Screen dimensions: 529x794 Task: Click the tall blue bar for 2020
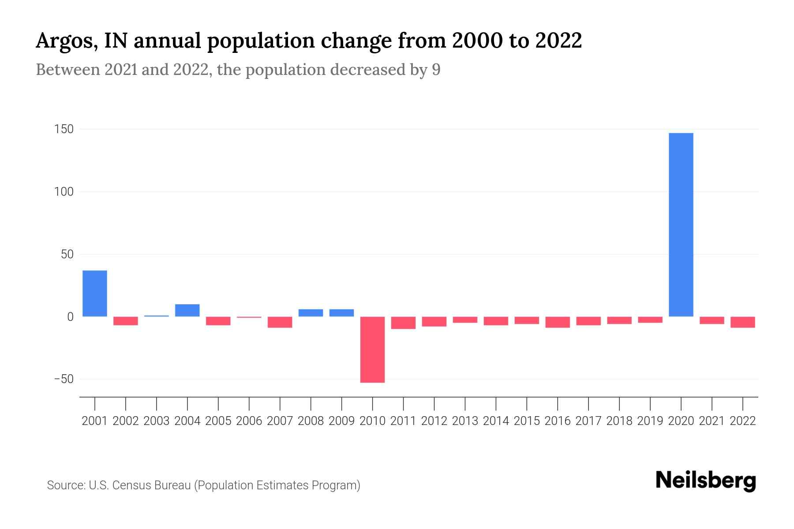681,225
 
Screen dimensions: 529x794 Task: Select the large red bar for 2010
372,349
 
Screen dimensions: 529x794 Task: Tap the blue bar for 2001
95,293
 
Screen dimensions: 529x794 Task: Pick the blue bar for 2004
187,310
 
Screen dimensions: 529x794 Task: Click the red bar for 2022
742,322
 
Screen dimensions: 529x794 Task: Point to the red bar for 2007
280,322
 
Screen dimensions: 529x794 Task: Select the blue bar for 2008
311,313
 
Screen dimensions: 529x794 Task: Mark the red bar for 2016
558,322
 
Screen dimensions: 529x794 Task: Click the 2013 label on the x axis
465,421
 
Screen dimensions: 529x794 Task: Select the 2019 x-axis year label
650,421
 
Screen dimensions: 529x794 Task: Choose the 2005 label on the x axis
218,421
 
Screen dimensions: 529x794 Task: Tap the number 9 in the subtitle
436,70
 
